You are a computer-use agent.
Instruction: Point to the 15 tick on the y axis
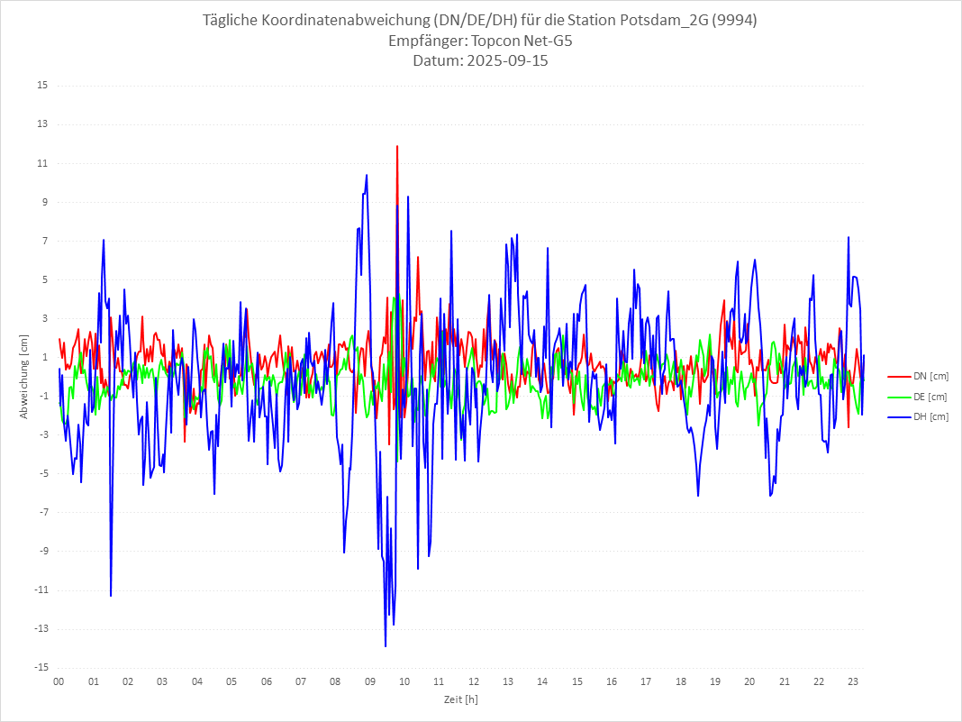42,86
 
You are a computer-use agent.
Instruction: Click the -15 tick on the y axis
41,668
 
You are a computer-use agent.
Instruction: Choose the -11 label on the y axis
41,590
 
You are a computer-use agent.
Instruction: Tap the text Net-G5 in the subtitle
547,41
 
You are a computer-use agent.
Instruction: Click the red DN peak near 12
397,146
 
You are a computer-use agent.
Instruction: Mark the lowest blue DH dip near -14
386,646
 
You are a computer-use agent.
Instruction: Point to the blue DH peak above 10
367,175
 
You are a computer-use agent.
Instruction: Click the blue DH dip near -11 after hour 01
111,596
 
